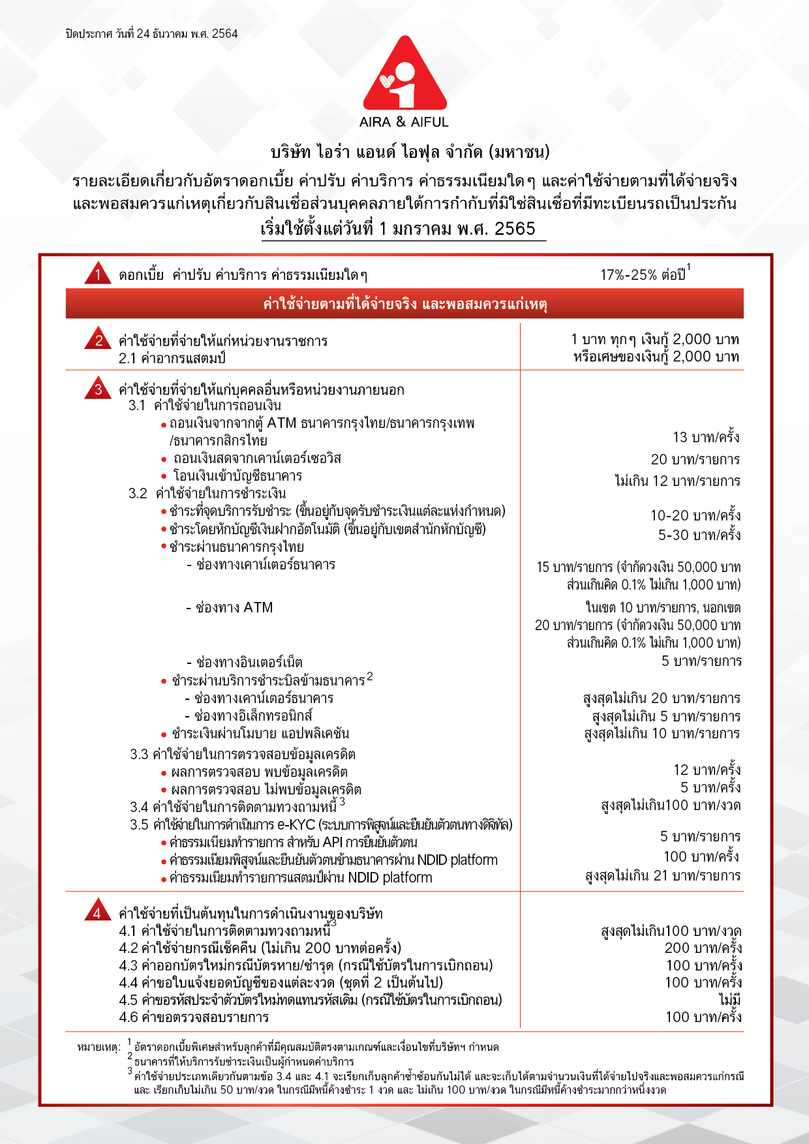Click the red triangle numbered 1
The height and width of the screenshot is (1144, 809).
[98, 274]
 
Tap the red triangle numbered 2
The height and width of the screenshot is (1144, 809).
[99, 339]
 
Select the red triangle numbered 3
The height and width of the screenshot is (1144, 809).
[99, 389]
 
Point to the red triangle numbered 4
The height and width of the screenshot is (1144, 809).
[97, 912]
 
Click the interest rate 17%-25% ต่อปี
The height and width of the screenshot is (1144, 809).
[643, 275]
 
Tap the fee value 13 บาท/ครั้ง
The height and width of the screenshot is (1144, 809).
[706, 437]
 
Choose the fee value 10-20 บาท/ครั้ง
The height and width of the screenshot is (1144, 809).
[695, 515]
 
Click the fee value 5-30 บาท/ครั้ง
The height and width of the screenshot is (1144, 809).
[699, 535]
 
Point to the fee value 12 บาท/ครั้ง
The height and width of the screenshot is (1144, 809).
[707, 770]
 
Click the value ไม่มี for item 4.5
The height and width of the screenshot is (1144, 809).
[729, 999]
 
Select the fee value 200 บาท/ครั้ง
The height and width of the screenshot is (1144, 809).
[703, 948]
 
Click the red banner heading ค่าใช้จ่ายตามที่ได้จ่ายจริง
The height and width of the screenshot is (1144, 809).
[404, 304]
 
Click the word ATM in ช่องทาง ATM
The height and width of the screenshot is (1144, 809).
[258, 607]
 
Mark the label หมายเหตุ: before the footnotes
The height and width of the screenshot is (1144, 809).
[99, 1047]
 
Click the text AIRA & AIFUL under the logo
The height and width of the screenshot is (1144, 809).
[404, 122]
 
